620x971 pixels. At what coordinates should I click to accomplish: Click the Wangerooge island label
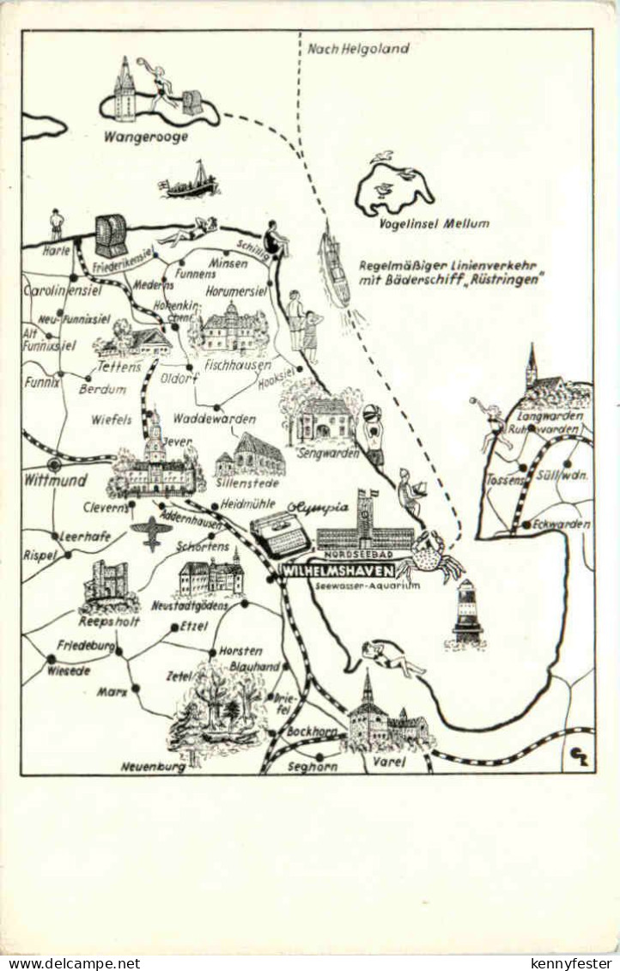[x=145, y=137]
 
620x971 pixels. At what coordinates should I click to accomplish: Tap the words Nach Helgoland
[x=358, y=49]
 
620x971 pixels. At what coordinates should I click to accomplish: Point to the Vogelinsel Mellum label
[x=434, y=224]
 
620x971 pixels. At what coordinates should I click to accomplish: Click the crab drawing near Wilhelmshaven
[x=430, y=556]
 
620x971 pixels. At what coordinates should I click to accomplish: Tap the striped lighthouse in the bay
[x=467, y=611]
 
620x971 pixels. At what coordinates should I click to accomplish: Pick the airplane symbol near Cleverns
[x=152, y=532]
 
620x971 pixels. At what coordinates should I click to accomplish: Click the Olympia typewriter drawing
[x=280, y=533]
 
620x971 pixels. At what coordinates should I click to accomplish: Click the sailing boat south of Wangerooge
[x=191, y=181]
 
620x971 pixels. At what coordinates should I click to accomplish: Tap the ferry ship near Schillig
[x=334, y=268]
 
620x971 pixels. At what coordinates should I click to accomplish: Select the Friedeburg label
[x=86, y=645]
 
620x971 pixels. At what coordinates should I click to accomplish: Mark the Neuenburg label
[x=152, y=767]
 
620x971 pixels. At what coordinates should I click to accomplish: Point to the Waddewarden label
[x=214, y=419]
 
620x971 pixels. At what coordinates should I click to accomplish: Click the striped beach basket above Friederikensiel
[x=111, y=235]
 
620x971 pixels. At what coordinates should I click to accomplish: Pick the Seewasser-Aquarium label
[x=368, y=585]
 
